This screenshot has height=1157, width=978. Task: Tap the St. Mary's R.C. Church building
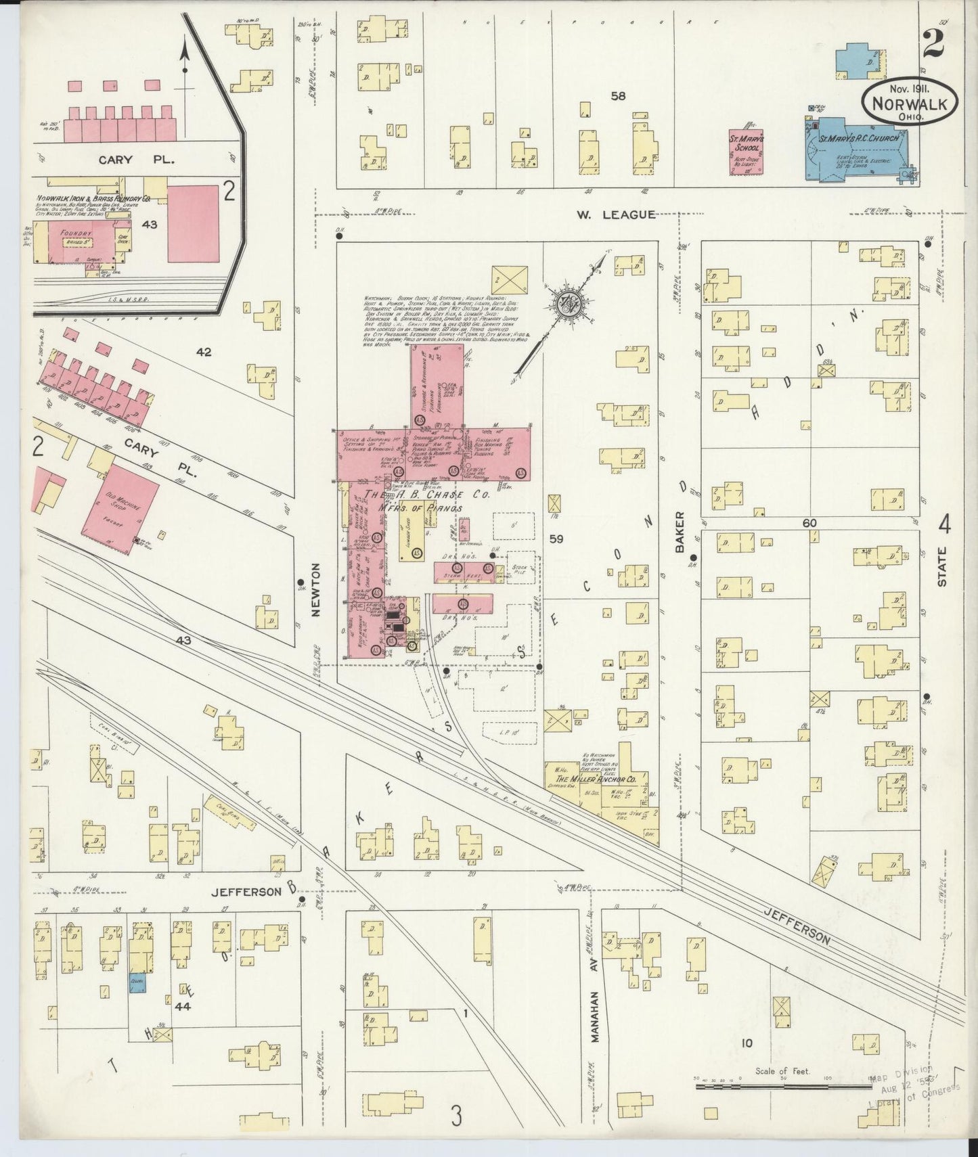[x=856, y=150]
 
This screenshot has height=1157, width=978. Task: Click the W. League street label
[x=615, y=214]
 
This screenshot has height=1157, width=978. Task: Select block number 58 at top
[x=617, y=96]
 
